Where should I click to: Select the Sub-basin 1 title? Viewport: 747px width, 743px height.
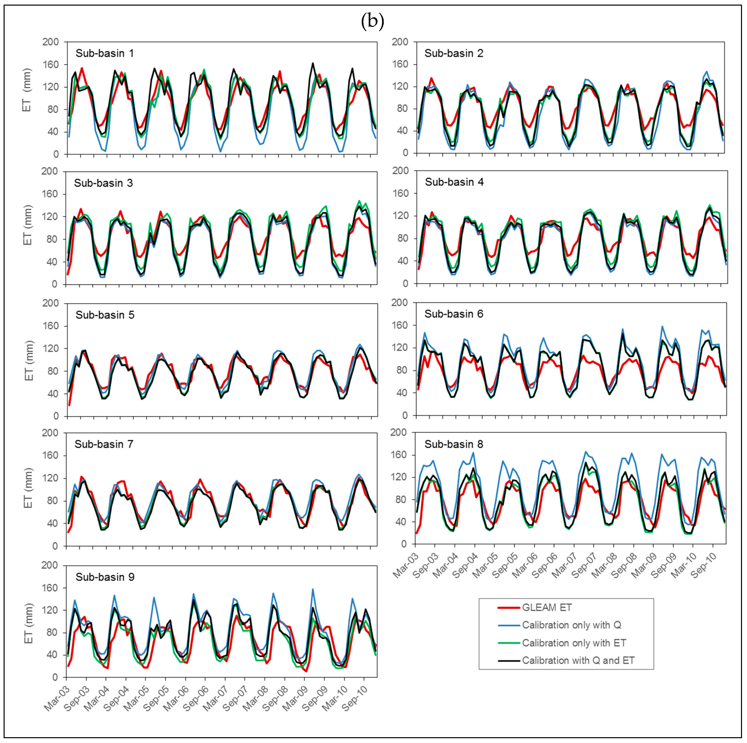coord(104,53)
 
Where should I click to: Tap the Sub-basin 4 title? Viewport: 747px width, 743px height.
coord(454,182)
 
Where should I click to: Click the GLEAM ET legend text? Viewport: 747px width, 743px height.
coord(547,608)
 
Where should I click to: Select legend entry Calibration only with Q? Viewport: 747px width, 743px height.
coord(571,625)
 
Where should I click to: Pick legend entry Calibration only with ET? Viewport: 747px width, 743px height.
coord(574,643)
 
